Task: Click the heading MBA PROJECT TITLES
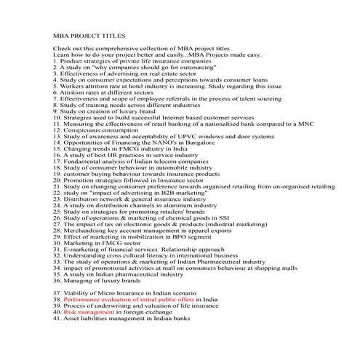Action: click(x=89, y=34)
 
